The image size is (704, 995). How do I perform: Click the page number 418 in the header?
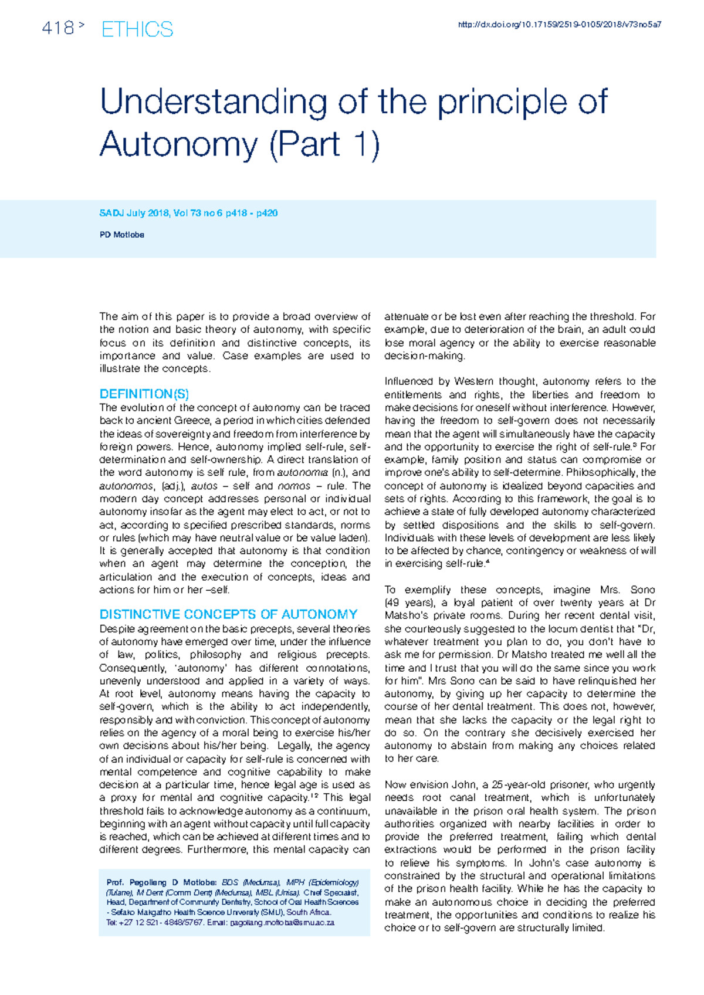tap(57, 28)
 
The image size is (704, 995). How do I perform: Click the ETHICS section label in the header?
tap(137, 29)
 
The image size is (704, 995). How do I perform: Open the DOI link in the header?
tap(559, 25)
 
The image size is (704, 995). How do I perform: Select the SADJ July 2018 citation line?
tap(188, 213)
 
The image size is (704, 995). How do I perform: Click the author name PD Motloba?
tap(121, 235)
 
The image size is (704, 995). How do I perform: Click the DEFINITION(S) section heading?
tap(144, 394)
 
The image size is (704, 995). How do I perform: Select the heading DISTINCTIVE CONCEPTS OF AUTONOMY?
tap(228, 614)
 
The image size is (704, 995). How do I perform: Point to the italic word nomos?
tap(293, 486)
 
